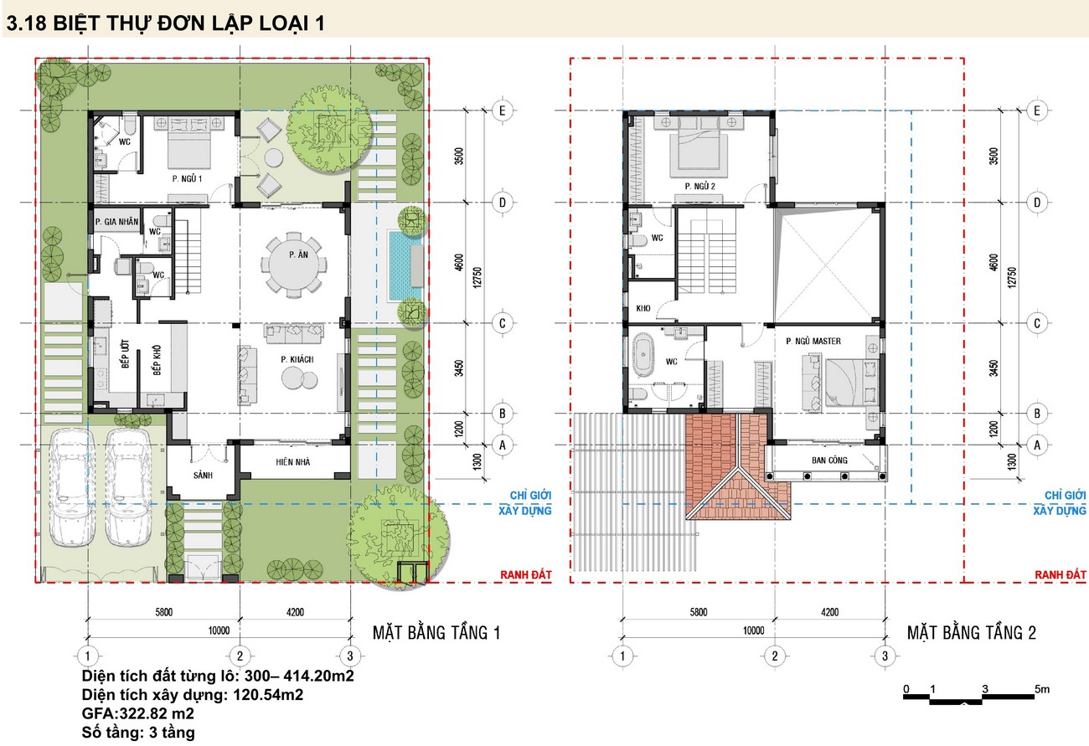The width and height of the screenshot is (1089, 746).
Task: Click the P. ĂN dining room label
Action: coord(298,255)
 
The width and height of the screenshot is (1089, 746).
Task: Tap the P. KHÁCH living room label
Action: coord(297,359)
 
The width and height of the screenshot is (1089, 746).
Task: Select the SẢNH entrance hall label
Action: coord(203,475)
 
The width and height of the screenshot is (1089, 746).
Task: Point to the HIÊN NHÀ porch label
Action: coord(292,461)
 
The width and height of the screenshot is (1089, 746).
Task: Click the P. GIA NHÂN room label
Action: coord(116,222)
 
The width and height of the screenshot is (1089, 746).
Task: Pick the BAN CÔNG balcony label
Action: coord(829,460)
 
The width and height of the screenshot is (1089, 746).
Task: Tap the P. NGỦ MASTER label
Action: coord(813,341)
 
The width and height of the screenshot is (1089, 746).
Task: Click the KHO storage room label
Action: coord(643,308)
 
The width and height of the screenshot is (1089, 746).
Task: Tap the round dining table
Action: coord(294,265)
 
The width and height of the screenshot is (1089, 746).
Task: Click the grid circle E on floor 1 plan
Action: coord(503,111)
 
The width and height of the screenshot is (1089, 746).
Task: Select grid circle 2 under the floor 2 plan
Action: coord(775,656)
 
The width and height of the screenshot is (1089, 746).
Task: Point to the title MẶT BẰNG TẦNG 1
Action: coord(436,633)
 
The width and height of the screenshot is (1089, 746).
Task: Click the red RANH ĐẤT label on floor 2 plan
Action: coord(1061,574)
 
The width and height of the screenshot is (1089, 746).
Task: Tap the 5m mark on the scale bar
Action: coord(1042,689)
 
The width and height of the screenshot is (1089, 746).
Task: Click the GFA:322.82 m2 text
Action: coord(137,713)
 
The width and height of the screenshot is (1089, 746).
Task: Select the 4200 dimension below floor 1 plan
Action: coord(295,612)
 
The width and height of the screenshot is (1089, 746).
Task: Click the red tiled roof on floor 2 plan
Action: coord(738,466)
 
